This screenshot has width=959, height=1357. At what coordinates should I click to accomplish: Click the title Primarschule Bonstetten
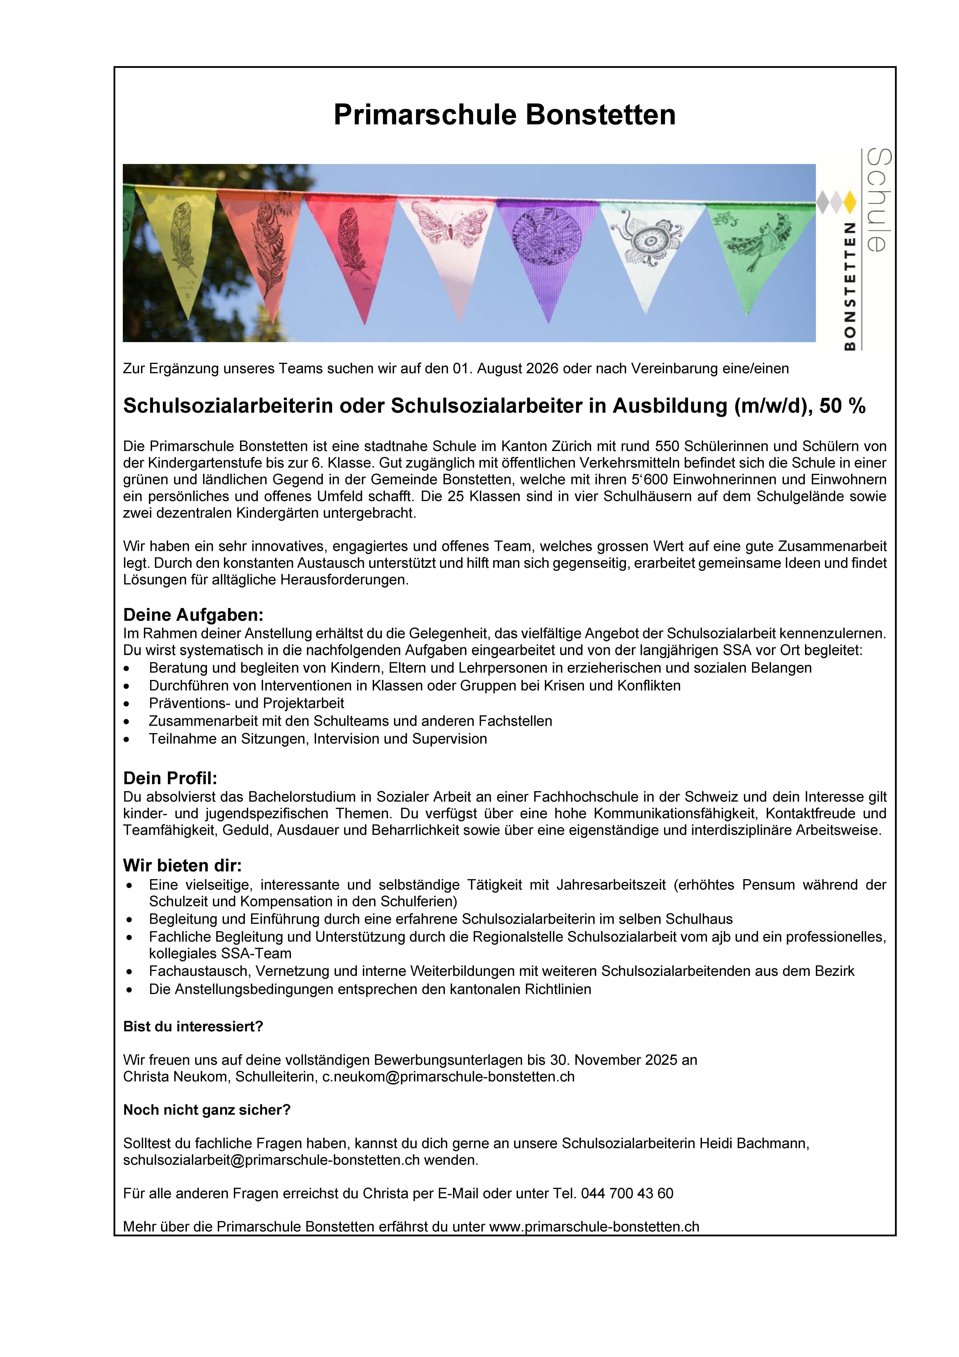(x=504, y=115)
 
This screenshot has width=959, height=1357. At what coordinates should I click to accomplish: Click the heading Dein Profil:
(x=170, y=778)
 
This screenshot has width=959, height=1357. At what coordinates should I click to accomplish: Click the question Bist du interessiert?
(x=193, y=1027)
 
